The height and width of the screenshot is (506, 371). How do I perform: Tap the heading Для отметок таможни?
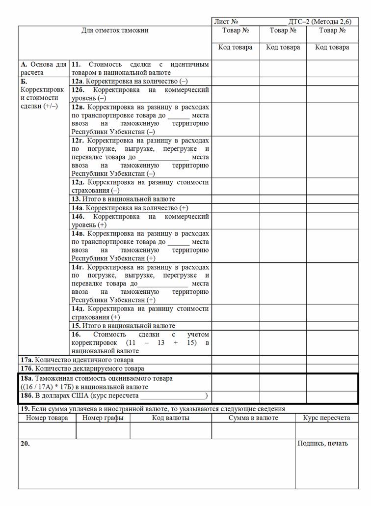tap(115, 30)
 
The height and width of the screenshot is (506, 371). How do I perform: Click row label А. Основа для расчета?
tap(43, 68)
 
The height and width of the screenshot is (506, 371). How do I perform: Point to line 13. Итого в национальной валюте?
tap(123, 199)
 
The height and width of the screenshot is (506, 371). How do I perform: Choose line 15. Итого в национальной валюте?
tap(123, 326)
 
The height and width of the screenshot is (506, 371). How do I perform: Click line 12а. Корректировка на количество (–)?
tap(130, 81)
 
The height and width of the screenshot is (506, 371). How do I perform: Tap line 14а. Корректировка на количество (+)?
tap(130, 208)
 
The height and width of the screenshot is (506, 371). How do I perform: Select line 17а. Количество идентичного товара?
tap(77, 360)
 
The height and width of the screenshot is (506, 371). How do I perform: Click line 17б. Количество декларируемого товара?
tap(82, 368)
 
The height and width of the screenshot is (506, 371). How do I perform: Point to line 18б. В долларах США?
tap(114, 395)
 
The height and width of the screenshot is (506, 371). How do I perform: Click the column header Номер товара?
tap(47, 418)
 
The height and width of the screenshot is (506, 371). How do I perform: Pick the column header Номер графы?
tap(103, 418)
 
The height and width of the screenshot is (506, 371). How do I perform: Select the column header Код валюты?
tap(171, 418)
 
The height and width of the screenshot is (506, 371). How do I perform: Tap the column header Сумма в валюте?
tap(253, 418)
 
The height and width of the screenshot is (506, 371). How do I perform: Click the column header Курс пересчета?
tap(326, 418)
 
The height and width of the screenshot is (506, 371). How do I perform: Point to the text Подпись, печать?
tap(322, 443)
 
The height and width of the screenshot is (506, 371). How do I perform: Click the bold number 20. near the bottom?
tap(25, 443)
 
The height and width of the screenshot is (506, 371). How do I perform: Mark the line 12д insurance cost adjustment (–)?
tap(140, 186)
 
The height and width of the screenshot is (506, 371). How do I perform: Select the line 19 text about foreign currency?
tap(152, 409)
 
